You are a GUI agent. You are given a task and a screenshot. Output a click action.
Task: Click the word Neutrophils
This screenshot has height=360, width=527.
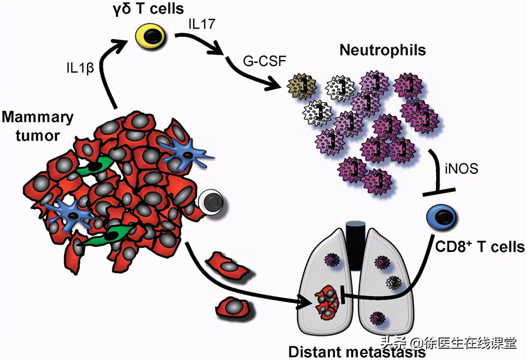tap(382, 51)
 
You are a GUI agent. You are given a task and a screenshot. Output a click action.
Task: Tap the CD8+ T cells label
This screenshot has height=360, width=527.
tap(480, 247)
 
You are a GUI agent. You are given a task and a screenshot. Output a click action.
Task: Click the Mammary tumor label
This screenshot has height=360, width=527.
tap(37, 126)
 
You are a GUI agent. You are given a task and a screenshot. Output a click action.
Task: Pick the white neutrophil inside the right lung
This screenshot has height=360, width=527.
tap(394, 282)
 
